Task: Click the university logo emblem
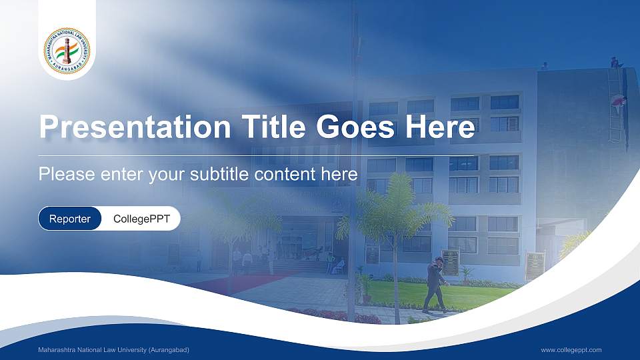67,50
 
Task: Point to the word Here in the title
439,127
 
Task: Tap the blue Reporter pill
70,219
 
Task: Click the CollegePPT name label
141,219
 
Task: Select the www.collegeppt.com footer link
571,350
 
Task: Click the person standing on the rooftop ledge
615,63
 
